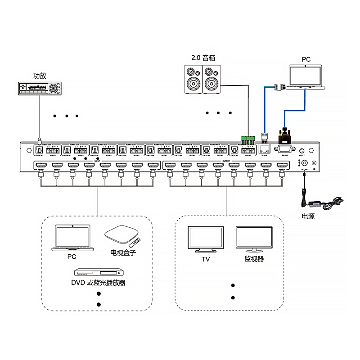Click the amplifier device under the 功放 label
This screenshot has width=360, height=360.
click(x=39, y=88)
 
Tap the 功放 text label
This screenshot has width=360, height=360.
click(x=40, y=76)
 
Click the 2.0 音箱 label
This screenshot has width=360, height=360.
click(x=203, y=58)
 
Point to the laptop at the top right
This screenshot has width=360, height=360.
click(x=305, y=76)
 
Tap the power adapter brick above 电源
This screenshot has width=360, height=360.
click(x=315, y=204)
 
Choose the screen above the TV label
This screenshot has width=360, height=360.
click(x=206, y=240)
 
